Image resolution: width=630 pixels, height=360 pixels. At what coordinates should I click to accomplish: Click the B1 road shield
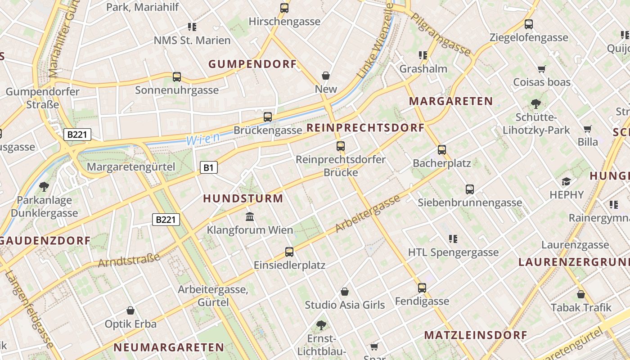(208, 168)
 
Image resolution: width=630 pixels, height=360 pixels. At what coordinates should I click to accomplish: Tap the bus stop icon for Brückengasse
(268, 117)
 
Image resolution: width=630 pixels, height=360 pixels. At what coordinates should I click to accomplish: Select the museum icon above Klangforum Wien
(250, 217)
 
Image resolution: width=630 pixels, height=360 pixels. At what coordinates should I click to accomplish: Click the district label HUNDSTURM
(243, 198)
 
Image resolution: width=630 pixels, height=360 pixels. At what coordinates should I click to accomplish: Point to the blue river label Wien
(203, 139)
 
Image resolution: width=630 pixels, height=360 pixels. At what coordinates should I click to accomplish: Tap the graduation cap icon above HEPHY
(566, 182)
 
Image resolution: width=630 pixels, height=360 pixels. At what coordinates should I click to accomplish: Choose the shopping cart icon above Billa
(587, 129)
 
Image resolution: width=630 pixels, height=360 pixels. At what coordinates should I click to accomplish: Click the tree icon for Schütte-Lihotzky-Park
(536, 104)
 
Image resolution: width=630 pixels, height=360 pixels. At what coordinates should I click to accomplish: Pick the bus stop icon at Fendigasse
(422, 288)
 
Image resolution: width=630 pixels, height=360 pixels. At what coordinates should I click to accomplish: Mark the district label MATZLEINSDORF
(475, 335)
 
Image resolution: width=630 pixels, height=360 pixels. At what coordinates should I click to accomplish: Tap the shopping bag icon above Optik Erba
(130, 310)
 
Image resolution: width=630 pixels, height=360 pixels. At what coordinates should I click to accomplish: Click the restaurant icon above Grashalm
(423, 55)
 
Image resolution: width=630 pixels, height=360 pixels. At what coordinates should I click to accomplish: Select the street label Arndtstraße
(129, 260)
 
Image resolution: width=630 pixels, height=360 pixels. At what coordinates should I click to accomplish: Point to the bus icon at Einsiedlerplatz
(289, 252)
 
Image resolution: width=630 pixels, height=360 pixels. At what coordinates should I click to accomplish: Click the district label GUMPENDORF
(252, 64)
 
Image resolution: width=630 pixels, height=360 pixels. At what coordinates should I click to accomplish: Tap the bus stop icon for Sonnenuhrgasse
(177, 77)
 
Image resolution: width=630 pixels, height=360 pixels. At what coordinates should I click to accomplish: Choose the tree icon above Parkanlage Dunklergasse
(44, 186)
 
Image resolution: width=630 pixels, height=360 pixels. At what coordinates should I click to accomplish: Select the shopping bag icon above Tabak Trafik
(581, 294)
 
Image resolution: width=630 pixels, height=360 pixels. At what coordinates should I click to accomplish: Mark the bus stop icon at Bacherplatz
(442, 150)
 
